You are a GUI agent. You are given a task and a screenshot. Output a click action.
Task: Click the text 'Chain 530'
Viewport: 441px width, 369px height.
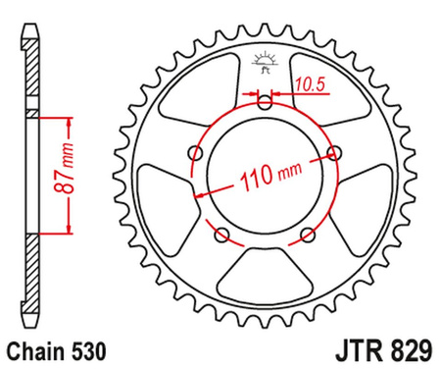pos(53,348)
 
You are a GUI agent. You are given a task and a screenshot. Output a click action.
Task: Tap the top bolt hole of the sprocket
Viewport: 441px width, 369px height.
pos(264,100)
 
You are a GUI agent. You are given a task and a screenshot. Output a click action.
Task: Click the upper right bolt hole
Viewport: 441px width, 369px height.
pos(335,152)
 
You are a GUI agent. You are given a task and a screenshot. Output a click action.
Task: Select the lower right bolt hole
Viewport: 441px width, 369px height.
pos(308,234)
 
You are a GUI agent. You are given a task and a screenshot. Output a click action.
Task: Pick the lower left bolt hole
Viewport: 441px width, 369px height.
pos(220,234)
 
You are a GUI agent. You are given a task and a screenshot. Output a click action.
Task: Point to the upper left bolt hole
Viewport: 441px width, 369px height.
pos(194,153)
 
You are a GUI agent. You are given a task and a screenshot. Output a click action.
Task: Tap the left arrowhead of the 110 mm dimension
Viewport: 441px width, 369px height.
pos(202,194)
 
